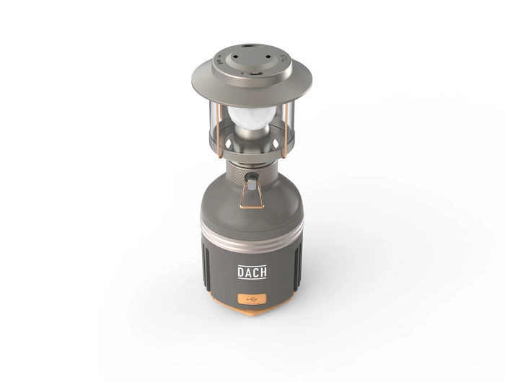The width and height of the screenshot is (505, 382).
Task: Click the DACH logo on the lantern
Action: click(x=252, y=272)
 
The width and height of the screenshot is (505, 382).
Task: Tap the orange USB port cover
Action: click(x=252, y=299)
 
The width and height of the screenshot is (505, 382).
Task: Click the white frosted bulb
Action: click(x=252, y=117)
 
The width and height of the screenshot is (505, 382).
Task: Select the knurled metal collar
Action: click(x=252, y=174)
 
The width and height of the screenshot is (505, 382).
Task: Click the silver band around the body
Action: click(x=252, y=236)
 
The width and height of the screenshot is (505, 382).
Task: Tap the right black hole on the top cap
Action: click(x=268, y=57)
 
